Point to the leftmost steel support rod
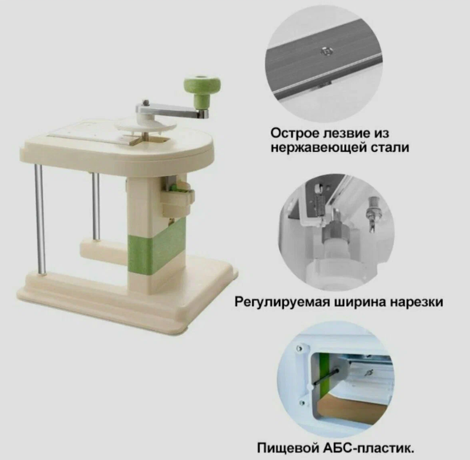(x=40, y=220)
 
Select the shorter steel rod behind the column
(x=96, y=206)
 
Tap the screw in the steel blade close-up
(x=325, y=52)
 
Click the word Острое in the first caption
(x=295, y=133)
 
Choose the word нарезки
(x=416, y=302)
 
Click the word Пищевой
(x=288, y=449)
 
